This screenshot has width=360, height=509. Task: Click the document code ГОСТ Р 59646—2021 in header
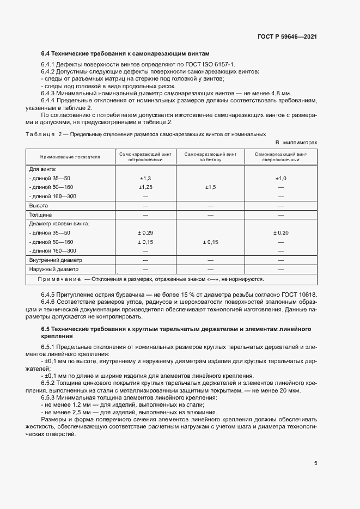(x=287, y=36)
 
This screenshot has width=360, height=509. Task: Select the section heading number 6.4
(x=46, y=53)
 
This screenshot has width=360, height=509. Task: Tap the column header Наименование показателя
(x=70, y=157)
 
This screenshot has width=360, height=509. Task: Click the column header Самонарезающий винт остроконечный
(x=145, y=157)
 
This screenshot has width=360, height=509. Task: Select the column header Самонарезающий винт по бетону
(x=210, y=157)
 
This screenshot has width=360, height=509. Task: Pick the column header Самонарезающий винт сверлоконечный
(x=280, y=157)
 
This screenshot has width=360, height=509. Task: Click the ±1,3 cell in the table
(x=145, y=178)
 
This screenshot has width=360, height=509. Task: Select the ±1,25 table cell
(x=145, y=187)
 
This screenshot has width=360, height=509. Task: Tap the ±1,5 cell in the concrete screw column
(x=210, y=187)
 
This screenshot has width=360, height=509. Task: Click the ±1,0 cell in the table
(x=281, y=178)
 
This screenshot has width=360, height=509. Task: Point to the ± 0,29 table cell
(x=145, y=232)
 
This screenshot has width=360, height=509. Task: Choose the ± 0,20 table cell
(x=281, y=232)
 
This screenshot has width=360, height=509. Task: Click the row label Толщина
(x=40, y=214)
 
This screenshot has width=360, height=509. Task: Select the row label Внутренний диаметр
(x=54, y=260)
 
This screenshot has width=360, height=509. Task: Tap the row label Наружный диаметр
(x=53, y=269)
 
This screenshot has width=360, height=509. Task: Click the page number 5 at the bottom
(x=316, y=463)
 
